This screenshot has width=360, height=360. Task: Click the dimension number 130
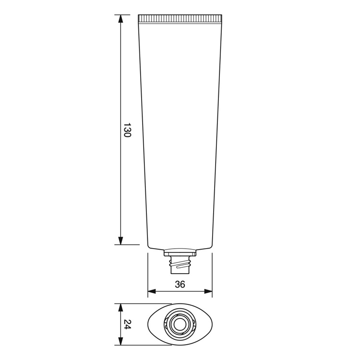(127, 130)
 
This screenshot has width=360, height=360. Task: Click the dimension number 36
(180, 284)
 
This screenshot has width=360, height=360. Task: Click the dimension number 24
(127, 324)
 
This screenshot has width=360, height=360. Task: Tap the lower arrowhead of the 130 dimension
(120, 240)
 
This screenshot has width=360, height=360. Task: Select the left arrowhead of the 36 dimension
(152, 291)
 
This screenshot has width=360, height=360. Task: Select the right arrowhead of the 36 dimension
(208, 291)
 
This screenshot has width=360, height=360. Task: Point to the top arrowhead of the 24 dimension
(120, 308)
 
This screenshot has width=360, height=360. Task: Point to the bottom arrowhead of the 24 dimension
(120, 341)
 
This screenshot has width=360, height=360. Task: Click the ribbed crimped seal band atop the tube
(180, 19)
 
